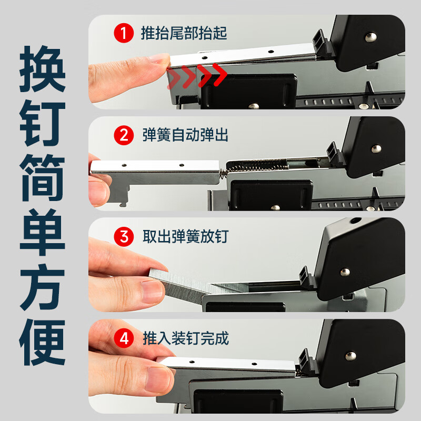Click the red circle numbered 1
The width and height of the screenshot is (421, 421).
click(x=124, y=34)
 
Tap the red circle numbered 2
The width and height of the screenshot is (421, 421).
click(x=124, y=135)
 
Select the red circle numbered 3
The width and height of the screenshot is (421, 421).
click(x=124, y=236)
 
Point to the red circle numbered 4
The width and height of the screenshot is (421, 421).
click(x=124, y=338)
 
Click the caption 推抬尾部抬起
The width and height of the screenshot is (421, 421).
click(x=184, y=34)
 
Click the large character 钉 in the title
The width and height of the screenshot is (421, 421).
click(x=43, y=125)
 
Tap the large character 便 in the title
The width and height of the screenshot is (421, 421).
click(x=43, y=342)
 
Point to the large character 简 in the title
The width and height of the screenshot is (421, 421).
click(x=43, y=179)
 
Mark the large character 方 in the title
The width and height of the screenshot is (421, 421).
click(x=43, y=287)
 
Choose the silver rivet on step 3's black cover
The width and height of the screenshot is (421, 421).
click(x=345, y=272)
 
